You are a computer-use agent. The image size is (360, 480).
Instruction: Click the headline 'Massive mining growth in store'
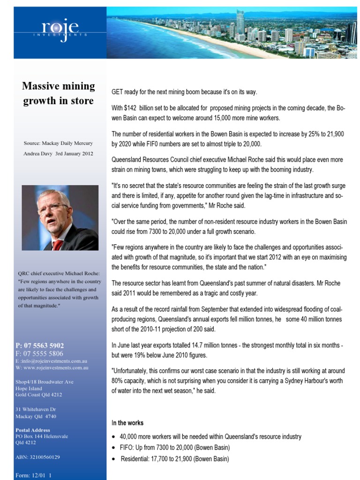tap(59, 93)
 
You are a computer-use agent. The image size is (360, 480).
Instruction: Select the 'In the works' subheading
tap(127, 423)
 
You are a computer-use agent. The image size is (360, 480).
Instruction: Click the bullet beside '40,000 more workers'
tap(114, 437)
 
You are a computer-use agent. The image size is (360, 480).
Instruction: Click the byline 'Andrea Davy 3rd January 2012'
tap(58, 153)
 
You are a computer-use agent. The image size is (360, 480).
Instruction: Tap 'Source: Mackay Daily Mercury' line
tap(58, 143)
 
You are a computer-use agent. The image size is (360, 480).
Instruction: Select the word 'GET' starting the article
tap(118, 92)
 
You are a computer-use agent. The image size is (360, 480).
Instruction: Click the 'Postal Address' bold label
tap(33, 430)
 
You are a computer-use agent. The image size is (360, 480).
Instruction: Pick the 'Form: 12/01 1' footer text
tap(33, 475)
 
